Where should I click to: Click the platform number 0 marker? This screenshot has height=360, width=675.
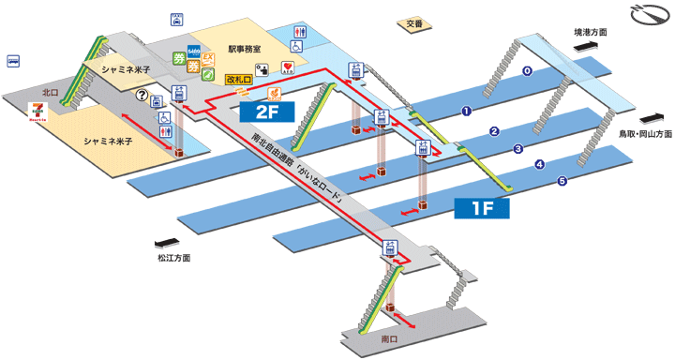(x=527, y=71)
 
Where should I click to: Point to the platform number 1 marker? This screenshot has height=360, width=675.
(x=465, y=112)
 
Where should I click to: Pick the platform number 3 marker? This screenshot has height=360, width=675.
(x=517, y=148)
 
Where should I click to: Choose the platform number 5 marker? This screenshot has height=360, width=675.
(x=562, y=181)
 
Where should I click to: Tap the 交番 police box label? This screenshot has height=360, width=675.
(x=402, y=23)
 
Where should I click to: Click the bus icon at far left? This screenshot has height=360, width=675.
(x=14, y=61)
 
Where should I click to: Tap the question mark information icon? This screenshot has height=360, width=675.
(x=142, y=95)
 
